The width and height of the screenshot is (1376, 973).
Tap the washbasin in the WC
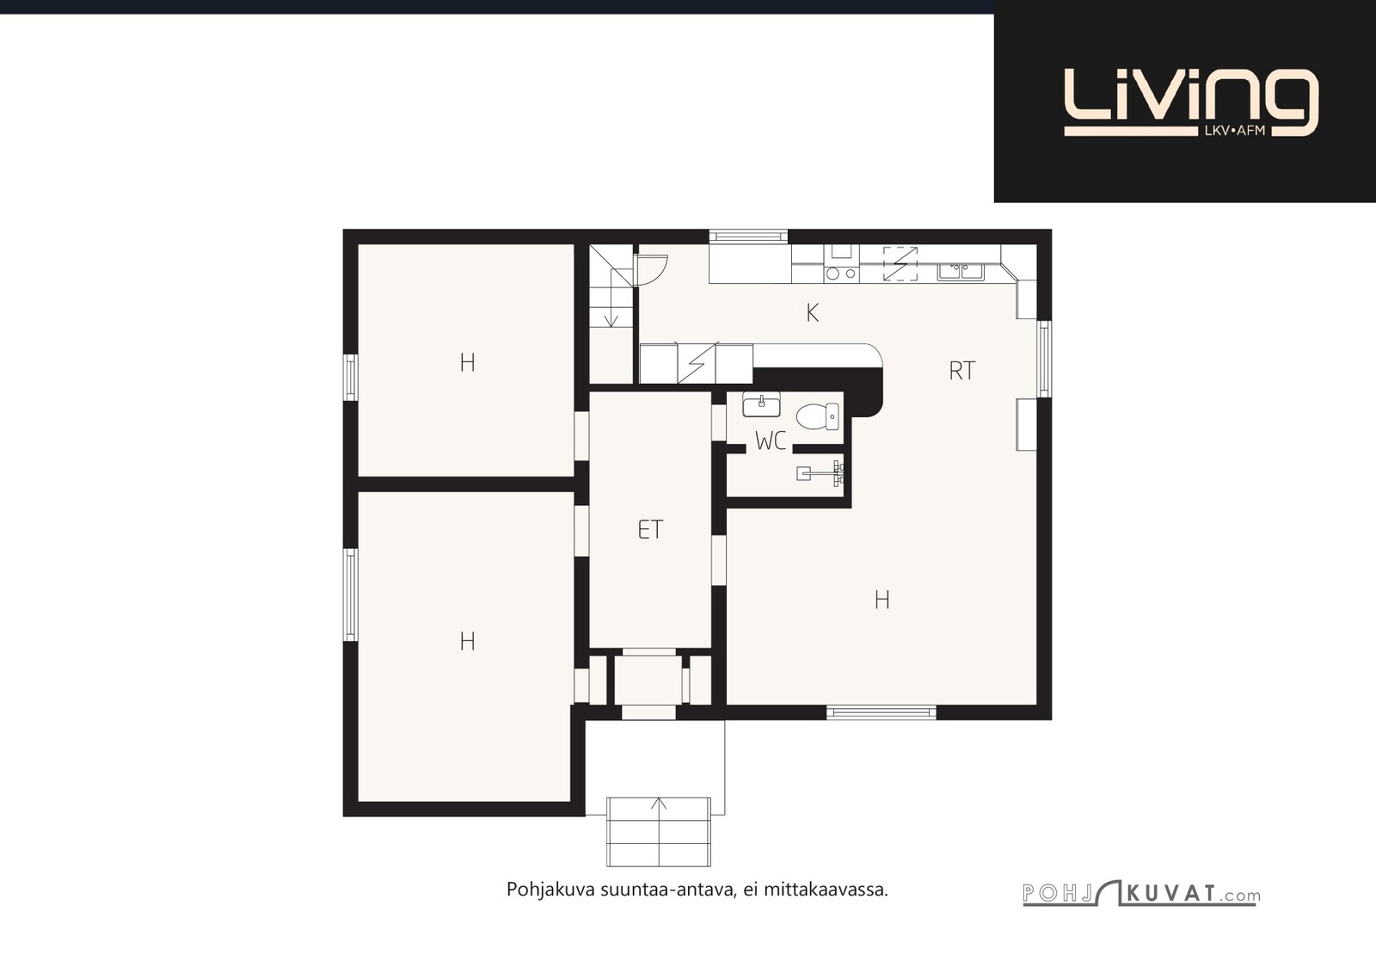(x=761, y=404)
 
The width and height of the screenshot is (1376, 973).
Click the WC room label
(x=771, y=440)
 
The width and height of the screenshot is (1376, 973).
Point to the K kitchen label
(x=812, y=313)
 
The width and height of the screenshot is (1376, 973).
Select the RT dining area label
(x=962, y=371)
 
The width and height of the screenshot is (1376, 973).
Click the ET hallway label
(x=650, y=529)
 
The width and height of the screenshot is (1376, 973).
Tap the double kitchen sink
(x=961, y=272)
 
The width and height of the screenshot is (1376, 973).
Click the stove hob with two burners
(x=842, y=273)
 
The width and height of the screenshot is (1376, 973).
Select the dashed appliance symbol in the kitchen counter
(x=900, y=264)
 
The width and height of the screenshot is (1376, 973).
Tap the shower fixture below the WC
(x=820, y=472)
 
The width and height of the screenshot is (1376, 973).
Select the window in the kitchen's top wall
(x=748, y=237)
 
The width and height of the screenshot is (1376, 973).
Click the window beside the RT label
(x=1044, y=359)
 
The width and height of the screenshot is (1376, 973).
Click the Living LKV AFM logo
(x=1191, y=102)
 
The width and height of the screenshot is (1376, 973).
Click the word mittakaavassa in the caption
(x=826, y=890)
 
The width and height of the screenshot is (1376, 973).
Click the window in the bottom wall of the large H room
(x=881, y=712)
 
